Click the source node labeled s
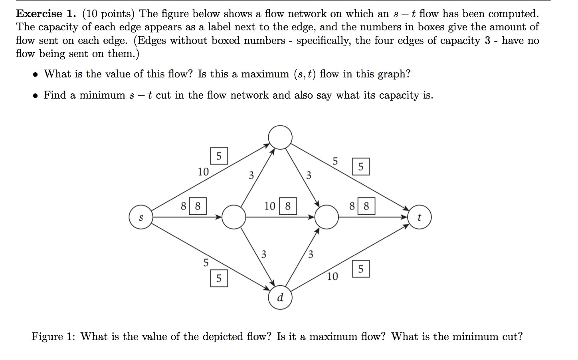(141, 217)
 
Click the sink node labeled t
(419, 217)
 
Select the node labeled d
(280, 297)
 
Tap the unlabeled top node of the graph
(280, 137)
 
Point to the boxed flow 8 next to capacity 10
(288, 206)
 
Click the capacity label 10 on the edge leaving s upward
(203, 172)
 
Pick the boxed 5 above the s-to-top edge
(219, 156)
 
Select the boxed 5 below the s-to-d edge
(219, 278)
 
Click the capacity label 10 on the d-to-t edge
(332, 276)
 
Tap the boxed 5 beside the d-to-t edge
(361, 269)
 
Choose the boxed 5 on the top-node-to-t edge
(361, 166)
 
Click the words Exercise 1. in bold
(46, 14)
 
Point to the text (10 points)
(108, 14)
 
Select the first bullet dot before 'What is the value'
(36, 74)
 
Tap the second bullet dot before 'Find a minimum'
(36, 96)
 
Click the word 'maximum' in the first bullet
(265, 74)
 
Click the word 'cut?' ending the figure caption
(512, 336)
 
